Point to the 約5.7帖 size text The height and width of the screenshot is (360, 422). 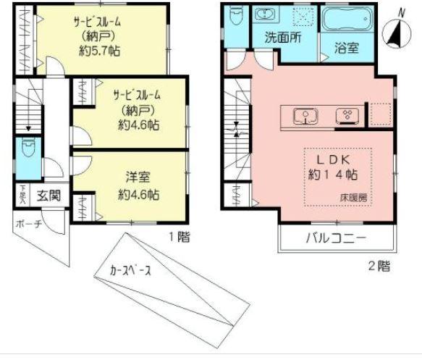[99, 51]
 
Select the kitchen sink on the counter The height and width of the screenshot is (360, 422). [303, 114]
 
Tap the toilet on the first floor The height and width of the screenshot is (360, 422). [28, 151]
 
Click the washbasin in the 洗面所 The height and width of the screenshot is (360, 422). [264, 15]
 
